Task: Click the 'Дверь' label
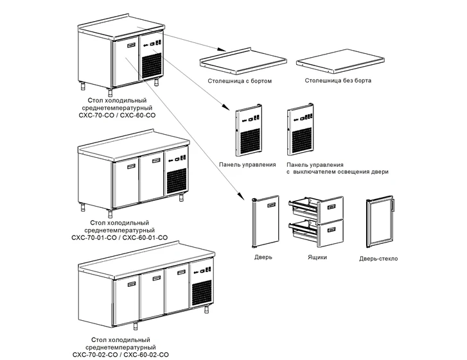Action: [263, 257]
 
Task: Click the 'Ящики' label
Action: [317, 257]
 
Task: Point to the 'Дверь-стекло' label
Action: [379, 259]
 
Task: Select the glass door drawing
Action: [380, 222]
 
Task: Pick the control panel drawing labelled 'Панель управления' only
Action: [249, 132]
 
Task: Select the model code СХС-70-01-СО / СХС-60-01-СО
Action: [120, 237]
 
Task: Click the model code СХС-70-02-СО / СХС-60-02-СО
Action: [121, 354]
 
